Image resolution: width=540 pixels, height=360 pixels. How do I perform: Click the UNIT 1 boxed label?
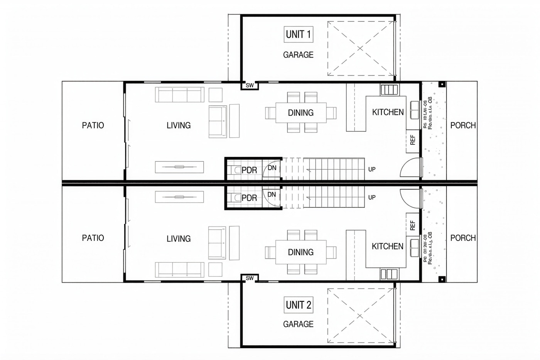point(298,34)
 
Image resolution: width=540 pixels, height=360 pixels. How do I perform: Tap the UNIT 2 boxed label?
point(298,305)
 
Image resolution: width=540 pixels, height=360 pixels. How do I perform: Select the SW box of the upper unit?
point(250,85)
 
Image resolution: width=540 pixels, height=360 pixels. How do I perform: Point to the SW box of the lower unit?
point(250,278)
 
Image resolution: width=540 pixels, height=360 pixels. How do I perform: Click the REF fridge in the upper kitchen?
point(413,140)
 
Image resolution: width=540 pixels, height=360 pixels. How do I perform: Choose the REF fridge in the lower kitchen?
point(413,225)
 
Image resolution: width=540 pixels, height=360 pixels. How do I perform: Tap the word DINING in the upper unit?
point(300,113)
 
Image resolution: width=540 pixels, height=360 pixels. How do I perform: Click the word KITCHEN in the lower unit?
point(387,246)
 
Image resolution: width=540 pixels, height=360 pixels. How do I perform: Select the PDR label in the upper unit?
point(249,170)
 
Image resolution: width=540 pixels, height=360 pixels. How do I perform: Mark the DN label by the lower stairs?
point(272,195)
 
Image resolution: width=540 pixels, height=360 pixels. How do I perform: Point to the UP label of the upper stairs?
point(372,169)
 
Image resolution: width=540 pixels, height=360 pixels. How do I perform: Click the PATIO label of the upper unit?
point(93,125)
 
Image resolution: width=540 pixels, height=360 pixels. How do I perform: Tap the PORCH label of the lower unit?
point(463,238)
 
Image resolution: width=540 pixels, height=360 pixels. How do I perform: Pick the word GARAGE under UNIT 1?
point(298,55)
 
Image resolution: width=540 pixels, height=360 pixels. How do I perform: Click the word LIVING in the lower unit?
point(179,238)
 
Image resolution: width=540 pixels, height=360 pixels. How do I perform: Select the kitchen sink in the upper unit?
point(415,110)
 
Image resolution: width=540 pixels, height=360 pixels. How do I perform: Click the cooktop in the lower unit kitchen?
point(389,274)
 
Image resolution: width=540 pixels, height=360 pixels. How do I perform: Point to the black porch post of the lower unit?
point(442,279)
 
